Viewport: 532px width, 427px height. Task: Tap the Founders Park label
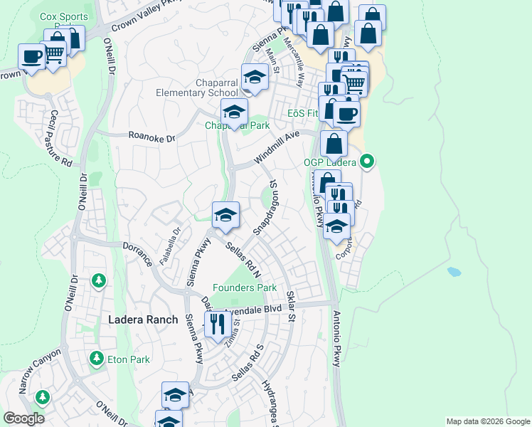(x=247, y=288)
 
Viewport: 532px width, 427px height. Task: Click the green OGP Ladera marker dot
(x=367, y=162)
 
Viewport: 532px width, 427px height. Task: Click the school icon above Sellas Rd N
(x=225, y=215)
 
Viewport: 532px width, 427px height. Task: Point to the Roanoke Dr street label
(x=151, y=135)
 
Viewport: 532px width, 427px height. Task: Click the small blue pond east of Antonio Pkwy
(x=454, y=271)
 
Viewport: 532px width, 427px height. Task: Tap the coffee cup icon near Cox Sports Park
(x=32, y=56)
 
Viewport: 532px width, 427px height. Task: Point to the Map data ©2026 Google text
(x=487, y=421)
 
